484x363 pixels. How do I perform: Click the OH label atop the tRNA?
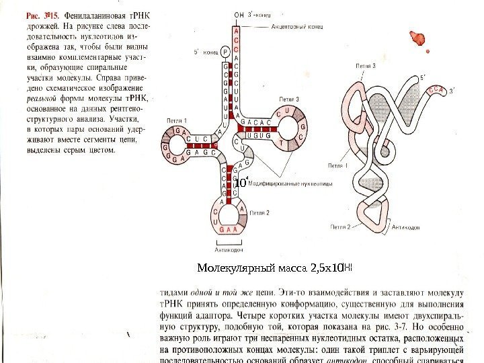point(239,15)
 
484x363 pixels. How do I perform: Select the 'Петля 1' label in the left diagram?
point(177,120)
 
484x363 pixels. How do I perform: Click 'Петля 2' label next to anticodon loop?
point(260,212)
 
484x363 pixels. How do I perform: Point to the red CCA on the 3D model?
point(440,87)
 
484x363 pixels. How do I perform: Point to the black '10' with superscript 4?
point(241,182)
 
